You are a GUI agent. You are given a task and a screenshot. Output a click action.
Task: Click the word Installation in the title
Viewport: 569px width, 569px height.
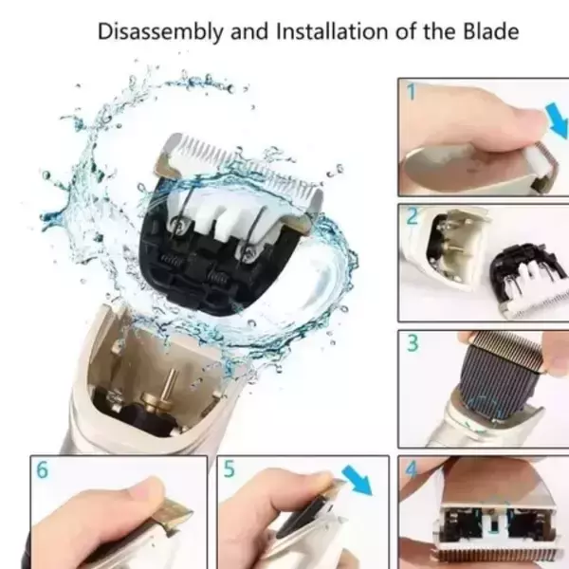[x=333, y=31]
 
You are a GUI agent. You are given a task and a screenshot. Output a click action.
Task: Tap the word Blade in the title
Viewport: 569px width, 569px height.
[x=490, y=31]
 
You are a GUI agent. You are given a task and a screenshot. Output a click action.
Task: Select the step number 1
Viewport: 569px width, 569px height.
[x=412, y=92]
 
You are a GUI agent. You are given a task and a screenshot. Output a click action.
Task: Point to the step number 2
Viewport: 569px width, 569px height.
[x=413, y=216]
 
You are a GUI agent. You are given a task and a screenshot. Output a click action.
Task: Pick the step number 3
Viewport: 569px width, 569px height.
[x=413, y=343]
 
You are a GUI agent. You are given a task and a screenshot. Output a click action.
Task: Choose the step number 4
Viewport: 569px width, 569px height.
[x=412, y=469]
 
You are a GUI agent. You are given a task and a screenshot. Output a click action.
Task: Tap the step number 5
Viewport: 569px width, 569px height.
[x=229, y=468]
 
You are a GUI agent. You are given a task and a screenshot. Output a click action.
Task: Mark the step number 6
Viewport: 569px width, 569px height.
[x=42, y=469]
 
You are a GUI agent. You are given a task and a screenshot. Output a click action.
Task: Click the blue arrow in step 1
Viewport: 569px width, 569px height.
[x=557, y=120]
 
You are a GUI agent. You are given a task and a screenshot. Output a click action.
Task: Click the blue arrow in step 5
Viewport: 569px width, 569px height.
[x=358, y=480]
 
